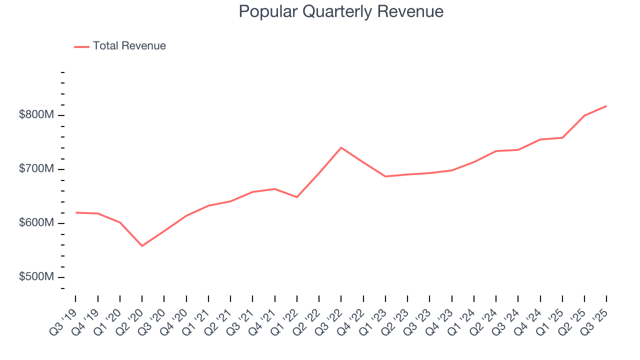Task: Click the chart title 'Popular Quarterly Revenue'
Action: pos(341,11)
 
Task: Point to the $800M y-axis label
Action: pos(36,115)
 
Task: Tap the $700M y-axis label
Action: pos(36,169)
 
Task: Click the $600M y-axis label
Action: pos(36,223)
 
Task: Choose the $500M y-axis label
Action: pos(36,277)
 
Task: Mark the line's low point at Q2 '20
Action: pos(142,246)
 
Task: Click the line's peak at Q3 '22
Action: pos(341,147)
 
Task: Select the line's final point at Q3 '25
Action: pos(606,106)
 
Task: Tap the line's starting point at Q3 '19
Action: pos(76,212)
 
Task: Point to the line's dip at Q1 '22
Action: pos(297,197)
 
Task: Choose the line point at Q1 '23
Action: pos(385,176)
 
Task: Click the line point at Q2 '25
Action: pos(584,115)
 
